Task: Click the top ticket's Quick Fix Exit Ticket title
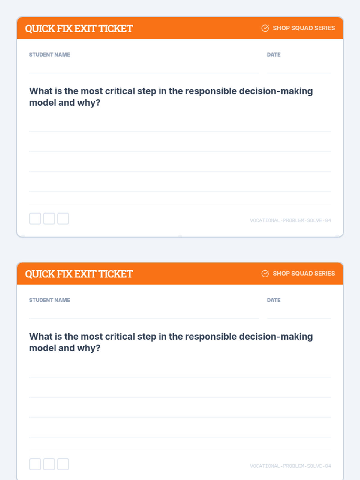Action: point(79,28)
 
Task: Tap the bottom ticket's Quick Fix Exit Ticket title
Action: point(79,274)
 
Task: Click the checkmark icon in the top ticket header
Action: point(265,28)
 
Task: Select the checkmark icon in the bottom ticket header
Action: point(265,274)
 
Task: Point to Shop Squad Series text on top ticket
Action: point(304,28)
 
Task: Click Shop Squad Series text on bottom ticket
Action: point(304,274)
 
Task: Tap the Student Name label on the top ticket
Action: point(49,55)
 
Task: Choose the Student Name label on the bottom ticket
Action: point(49,300)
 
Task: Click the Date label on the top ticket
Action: point(274,55)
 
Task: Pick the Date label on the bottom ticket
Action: point(274,300)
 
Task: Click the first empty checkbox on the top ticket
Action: point(35,219)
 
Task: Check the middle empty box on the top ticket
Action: point(49,219)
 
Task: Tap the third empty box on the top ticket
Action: point(63,219)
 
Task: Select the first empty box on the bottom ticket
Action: point(35,464)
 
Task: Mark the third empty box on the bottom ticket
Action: point(63,464)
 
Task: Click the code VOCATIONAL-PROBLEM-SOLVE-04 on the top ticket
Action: point(290,220)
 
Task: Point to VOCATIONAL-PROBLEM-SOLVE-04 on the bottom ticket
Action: point(290,466)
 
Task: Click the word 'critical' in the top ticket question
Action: point(120,91)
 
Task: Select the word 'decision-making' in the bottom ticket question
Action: point(276,337)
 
